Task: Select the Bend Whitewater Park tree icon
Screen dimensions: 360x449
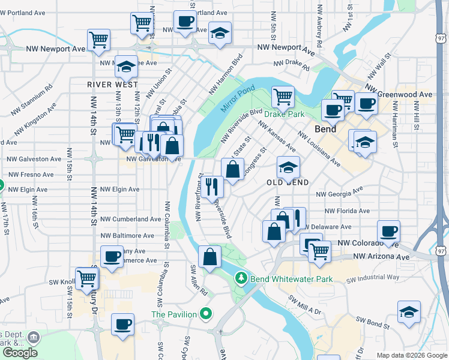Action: click(x=241, y=278)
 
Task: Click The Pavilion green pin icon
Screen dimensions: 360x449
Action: click(x=206, y=313)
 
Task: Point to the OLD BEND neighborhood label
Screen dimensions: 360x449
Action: click(x=288, y=182)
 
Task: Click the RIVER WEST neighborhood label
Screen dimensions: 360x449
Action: click(x=112, y=85)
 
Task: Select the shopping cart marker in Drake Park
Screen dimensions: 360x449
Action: click(x=282, y=96)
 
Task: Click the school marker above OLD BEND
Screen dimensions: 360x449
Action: click(x=288, y=167)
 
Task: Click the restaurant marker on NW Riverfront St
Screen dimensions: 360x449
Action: click(x=212, y=186)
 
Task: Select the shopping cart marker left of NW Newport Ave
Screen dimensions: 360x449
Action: click(x=98, y=40)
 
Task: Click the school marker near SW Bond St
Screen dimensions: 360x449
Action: click(x=409, y=311)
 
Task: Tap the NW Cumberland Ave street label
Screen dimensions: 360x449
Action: click(x=131, y=220)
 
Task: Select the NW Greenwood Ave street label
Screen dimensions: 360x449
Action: click(x=406, y=95)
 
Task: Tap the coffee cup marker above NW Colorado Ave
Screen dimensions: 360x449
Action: click(x=388, y=231)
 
